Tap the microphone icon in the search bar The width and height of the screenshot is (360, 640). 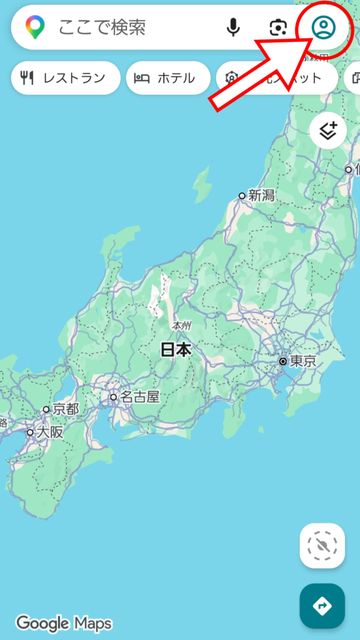233,27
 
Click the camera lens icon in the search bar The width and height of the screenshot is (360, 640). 278,27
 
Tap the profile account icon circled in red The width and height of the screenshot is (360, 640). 324,27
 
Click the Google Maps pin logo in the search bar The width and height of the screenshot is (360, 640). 35,27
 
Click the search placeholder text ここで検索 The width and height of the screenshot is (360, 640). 102,27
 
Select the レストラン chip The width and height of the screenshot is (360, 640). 66,78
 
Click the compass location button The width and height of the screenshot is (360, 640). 322,546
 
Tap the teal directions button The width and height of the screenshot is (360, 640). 322,606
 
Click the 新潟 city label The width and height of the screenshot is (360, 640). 261,195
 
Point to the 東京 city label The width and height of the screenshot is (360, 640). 302,361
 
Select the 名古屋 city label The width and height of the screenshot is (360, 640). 140,396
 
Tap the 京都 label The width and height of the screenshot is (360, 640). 66,409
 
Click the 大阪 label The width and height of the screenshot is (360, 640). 50,432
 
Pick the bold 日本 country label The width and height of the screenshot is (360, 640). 176,350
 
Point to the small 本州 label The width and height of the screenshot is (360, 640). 181,326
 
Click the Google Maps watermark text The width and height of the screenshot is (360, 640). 64,623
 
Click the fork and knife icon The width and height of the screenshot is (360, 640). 27,78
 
